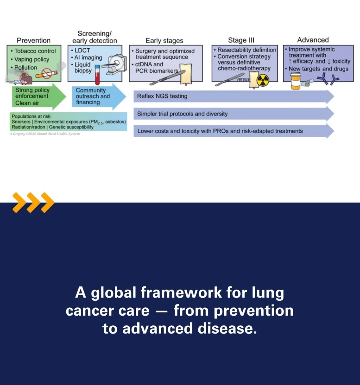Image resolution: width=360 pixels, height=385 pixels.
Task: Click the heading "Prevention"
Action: pyautogui.click(x=34, y=40)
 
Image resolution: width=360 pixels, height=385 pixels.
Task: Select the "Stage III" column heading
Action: pyautogui.click(x=241, y=40)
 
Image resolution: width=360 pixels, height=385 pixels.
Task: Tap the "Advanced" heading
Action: pyautogui.click(x=313, y=40)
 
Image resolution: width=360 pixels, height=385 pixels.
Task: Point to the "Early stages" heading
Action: pyautogui.click(x=164, y=41)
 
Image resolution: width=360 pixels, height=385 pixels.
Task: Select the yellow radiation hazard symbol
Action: pyautogui.click(x=262, y=80)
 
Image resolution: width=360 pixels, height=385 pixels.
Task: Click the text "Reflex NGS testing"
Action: pyautogui.click(x=162, y=97)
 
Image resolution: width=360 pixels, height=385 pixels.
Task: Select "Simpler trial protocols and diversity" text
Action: pyautogui.click(x=182, y=114)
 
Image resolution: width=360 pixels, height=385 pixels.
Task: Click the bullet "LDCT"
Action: pyautogui.click(x=82, y=51)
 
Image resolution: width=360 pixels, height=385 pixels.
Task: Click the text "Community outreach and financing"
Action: pyautogui.click(x=92, y=97)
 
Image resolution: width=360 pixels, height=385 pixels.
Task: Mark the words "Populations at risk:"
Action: pyautogui.click(x=31, y=117)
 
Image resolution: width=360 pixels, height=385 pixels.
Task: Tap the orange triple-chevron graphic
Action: pyautogui.click(x=33, y=202)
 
